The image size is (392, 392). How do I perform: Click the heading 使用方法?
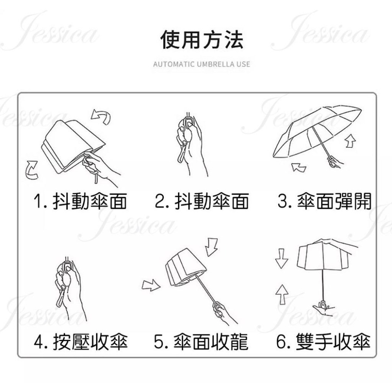click(x=201, y=40)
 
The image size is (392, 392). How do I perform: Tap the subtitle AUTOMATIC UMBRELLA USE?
click(x=201, y=64)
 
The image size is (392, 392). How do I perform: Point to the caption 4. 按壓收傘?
click(x=81, y=342)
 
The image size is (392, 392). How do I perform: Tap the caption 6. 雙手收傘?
click(x=323, y=342)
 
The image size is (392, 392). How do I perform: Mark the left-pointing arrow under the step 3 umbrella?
click(x=299, y=167)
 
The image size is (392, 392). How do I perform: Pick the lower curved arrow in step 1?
click(x=31, y=169)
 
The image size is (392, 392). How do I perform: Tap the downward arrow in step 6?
click(x=281, y=259)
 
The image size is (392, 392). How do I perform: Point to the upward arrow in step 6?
click(x=281, y=293)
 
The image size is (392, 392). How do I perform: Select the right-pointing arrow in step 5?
click(x=151, y=285)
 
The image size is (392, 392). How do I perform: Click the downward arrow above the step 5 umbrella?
click(x=212, y=247)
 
